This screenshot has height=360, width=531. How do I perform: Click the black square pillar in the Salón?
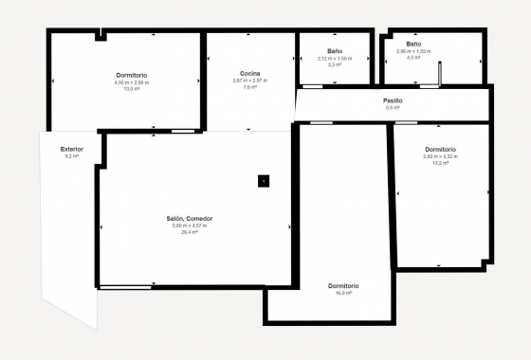pos(265,181)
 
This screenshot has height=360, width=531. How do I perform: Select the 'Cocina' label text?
pos(250,73)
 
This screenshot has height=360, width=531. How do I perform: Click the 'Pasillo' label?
pos(393,100)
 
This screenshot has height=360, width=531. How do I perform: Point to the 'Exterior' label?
pos(71,149)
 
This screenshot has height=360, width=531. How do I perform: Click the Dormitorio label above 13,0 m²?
pos(132,75)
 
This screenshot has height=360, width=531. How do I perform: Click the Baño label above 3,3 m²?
pos(335,51)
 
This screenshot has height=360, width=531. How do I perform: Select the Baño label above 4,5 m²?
pos(413,44)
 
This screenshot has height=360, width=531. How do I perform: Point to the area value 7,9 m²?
pos(250,87)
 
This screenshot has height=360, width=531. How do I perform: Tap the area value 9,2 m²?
pos(70,156)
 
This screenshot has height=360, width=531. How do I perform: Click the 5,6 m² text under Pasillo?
pos(392,108)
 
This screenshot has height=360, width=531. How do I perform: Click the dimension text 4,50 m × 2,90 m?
pos(132,82)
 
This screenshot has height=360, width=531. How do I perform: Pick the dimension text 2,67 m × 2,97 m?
pos(250,81)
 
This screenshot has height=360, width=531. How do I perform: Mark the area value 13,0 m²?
pos(132,89)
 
